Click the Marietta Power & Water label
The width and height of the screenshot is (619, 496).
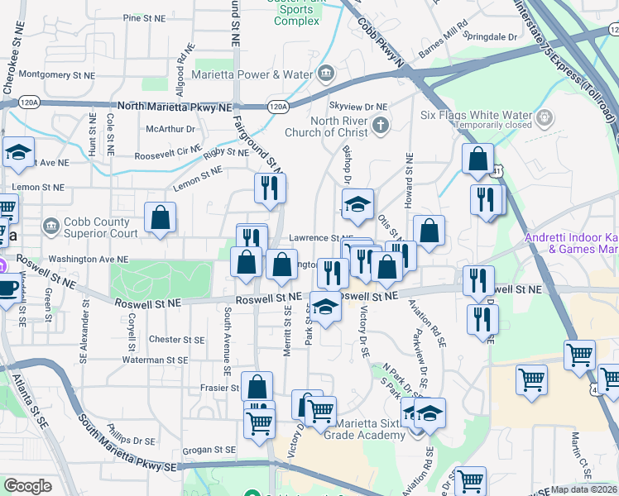click(252, 74)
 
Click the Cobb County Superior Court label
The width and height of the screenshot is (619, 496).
click(100, 227)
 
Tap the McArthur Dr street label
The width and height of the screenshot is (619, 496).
click(170, 129)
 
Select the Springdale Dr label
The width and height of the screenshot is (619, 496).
click(490, 37)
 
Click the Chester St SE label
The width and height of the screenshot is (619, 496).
click(176, 339)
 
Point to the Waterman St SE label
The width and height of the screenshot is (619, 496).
click(175, 360)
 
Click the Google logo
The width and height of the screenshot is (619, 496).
click(27, 486)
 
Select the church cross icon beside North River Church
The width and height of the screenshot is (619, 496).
click(380, 126)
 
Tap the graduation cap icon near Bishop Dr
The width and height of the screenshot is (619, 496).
click(357, 205)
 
